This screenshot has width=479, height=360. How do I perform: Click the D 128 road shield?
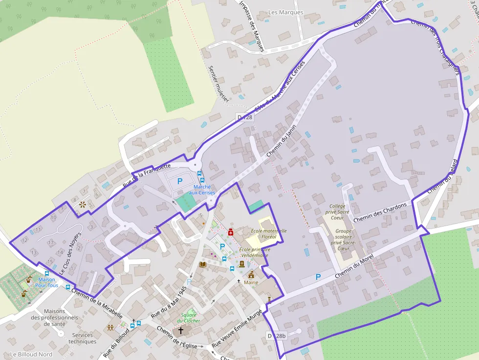pos(245,117)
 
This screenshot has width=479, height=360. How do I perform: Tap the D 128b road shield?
pos(276,336)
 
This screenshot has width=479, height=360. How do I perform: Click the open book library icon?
pos(203,265)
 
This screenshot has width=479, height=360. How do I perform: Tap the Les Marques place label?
pos(286,12)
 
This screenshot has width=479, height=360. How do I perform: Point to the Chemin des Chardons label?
pos(380,213)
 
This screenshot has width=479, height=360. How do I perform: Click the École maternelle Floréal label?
pos(268,233)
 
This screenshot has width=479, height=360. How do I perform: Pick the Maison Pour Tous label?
pos(46,282)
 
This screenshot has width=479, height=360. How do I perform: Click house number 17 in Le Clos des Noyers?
pos(50,242)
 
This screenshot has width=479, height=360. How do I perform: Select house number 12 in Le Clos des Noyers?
pos(24,240)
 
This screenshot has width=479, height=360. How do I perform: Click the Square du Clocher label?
pos(188,318)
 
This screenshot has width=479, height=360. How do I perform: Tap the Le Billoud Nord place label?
pos(31,354)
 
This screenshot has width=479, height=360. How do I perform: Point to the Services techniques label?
pos(82,338)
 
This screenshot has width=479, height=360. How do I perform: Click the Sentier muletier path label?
pos(218,84)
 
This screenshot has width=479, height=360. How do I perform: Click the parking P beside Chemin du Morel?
pos(318,277)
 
